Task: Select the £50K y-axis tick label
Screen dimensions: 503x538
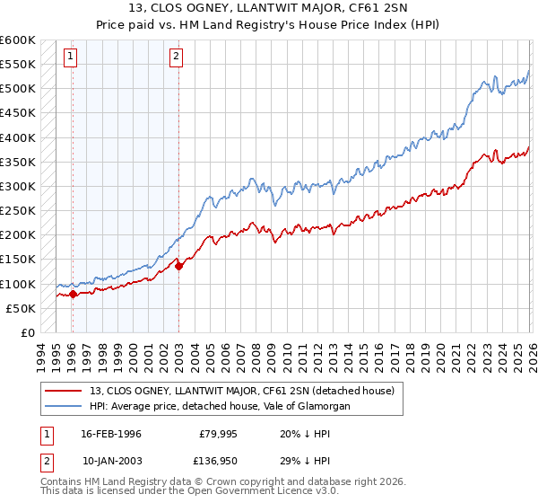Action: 21,309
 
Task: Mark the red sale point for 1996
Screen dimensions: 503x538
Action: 73,294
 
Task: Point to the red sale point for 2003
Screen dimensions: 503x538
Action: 178,266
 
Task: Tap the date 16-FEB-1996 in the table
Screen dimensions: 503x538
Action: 110,434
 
